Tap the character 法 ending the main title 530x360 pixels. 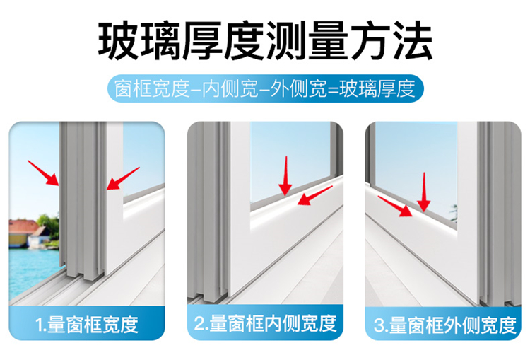[x=412, y=40]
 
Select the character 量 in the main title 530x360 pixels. [x=328, y=40]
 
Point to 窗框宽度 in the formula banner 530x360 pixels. [x=152, y=89]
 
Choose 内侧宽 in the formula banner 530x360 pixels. [x=230, y=89]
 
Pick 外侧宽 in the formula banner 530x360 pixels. [x=299, y=89]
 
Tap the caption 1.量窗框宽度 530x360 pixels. [x=87, y=325]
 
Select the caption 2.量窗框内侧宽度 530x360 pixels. [x=265, y=323]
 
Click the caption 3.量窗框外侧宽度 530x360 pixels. [x=445, y=325]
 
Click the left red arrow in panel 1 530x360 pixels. [x=43, y=173]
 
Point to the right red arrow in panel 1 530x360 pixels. [x=123, y=178]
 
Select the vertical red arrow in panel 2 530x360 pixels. [x=285, y=176]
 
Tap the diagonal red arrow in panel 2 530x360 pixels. [x=315, y=196]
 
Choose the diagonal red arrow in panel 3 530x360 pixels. [x=395, y=206]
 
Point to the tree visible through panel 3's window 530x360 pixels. [x=453, y=213]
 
